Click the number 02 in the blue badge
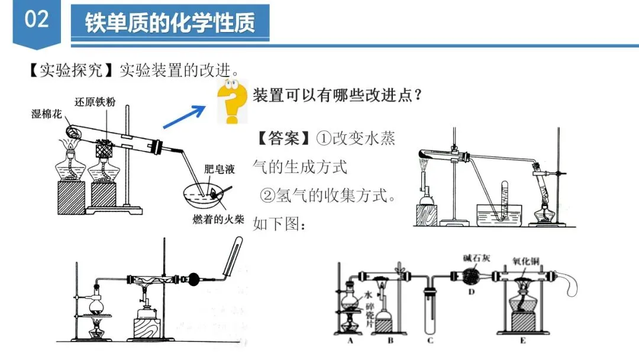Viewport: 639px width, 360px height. [x=36, y=20]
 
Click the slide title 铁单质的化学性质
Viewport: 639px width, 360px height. [x=170, y=23]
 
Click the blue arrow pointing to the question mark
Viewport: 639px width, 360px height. [x=184, y=115]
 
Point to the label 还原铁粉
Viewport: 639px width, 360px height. [x=95, y=102]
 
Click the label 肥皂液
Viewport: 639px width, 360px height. [x=219, y=169]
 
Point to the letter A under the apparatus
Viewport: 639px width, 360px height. [x=350, y=340]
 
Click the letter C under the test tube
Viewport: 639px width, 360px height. [x=430, y=340]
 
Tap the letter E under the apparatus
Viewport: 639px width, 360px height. [x=522, y=340]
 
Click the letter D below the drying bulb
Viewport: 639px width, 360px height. [x=471, y=291]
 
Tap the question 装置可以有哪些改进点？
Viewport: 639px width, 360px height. [x=337, y=95]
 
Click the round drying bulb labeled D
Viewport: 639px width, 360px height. [x=472, y=276]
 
